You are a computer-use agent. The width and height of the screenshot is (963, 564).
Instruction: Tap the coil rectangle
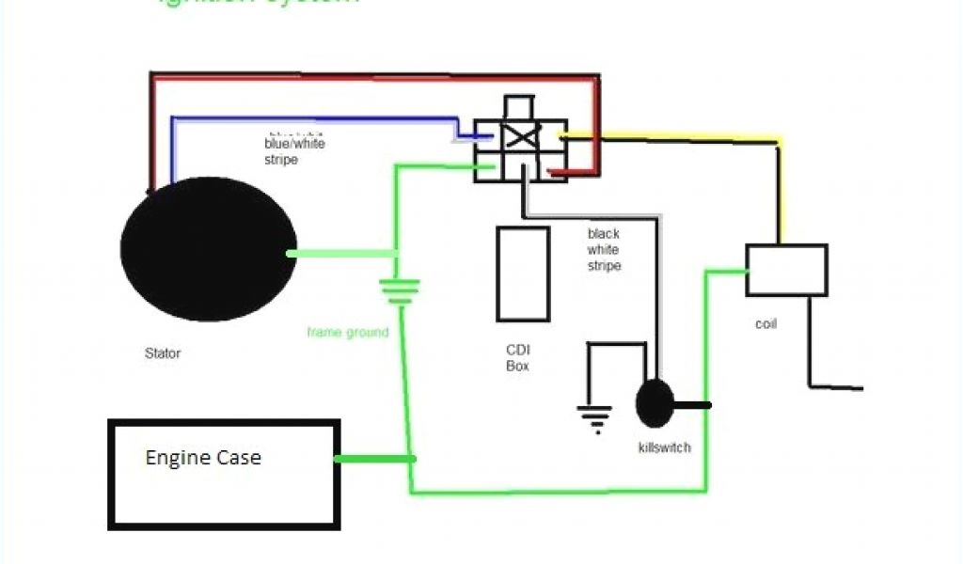click(786, 270)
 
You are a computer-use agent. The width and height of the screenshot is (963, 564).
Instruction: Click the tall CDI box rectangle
click(524, 274)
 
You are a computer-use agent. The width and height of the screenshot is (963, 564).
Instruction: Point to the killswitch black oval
click(655, 404)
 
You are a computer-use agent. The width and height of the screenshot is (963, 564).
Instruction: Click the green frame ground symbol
click(399, 290)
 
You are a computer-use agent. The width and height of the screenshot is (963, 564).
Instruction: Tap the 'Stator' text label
click(162, 354)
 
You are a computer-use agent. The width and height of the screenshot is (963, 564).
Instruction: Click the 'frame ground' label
click(347, 332)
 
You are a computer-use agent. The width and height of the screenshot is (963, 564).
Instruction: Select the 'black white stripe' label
click(604, 250)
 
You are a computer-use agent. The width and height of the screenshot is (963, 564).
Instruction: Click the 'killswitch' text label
click(664, 447)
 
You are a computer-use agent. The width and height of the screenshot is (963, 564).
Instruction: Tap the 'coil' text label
click(766, 324)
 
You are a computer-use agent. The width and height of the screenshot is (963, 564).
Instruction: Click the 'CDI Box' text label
click(518, 358)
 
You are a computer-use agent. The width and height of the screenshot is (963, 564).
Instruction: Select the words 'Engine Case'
click(203, 458)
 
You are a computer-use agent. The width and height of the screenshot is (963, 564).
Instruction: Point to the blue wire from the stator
click(310, 119)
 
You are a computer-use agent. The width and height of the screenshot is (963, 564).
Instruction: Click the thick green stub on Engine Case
click(374, 459)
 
